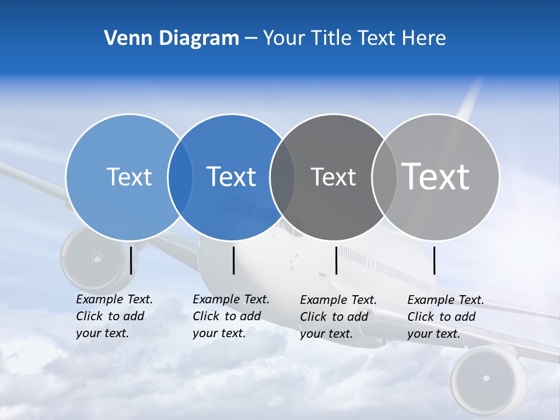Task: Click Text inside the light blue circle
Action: click(129, 177)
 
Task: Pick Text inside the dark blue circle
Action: click(231, 177)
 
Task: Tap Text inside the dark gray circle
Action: click(333, 177)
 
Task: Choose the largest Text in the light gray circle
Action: click(435, 176)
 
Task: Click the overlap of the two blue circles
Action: click(180, 177)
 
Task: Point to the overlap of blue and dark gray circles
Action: click(282, 177)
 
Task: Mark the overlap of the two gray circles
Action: click(384, 177)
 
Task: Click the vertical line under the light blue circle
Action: click(131, 260)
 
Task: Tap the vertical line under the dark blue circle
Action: click(233, 260)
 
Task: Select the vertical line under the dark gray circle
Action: click(336, 260)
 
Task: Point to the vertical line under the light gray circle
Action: click(434, 260)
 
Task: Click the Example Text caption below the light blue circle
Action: click(114, 316)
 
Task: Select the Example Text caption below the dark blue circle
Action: click(230, 316)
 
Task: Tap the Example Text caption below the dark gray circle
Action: click(338, 317)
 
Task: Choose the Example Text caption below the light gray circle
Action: click(445, 317)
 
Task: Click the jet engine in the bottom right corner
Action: click(486, 379)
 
